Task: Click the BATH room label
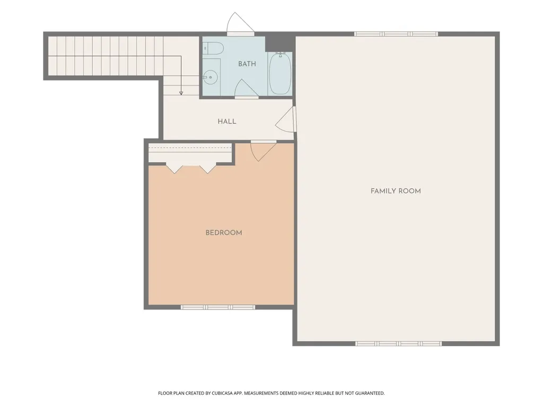point(247,64)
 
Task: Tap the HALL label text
point(227,121)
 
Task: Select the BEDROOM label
point(224,233)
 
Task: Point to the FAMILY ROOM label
point(396,191)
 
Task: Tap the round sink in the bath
point(210,77)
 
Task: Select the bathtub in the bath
point(280,73)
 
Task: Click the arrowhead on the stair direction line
point(181,93)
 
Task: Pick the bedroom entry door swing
point(263,151)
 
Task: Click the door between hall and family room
point(286,119)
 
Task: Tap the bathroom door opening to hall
point(247,89)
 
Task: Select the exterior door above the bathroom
point(241,23)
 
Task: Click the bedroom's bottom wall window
point(218,307)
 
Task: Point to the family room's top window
point(396,34)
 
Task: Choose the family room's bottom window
point(399,343)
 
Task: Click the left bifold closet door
point(174,167)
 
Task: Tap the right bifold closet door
point(207,167)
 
